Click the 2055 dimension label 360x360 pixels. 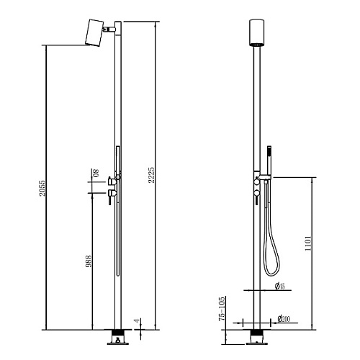pos(42,188)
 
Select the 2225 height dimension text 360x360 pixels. pos(151,175)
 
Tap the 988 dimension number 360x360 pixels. pos(89,261)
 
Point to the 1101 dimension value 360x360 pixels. pos(308,243)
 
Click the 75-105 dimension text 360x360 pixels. pos(222,309)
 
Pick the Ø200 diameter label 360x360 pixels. pos(284,319)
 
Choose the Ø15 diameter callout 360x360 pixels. pos(279,286)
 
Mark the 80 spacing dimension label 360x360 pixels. pos(96,173)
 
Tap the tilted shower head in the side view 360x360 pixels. pos(94,32)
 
